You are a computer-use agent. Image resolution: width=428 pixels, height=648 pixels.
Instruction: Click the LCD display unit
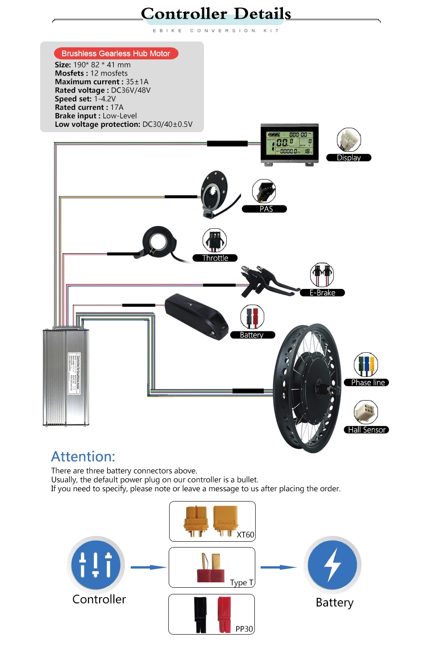point(290,143)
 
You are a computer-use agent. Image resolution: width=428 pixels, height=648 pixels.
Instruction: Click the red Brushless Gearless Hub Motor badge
point(116,54)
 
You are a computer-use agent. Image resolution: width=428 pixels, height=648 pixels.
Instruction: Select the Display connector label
point(349,158)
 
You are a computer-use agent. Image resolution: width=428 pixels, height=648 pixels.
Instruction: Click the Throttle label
point(215,258)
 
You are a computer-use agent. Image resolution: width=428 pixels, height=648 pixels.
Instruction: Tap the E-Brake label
point(322,293)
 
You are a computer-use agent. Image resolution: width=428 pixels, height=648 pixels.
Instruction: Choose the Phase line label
point(367,383)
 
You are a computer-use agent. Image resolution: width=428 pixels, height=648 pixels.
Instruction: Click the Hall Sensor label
point(366,430)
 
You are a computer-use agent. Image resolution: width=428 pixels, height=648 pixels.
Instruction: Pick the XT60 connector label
point(245,535)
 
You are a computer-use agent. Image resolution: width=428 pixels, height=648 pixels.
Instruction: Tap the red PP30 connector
point(224,614)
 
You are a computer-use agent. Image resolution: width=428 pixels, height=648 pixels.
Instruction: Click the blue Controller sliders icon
point(96,565)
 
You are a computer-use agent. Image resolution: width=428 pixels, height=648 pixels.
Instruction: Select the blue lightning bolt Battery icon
point(332,565)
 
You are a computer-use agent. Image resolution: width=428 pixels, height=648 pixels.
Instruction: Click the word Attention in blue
point(83,456)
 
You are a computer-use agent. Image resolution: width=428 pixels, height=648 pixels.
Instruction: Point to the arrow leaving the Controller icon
point(149,568)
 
